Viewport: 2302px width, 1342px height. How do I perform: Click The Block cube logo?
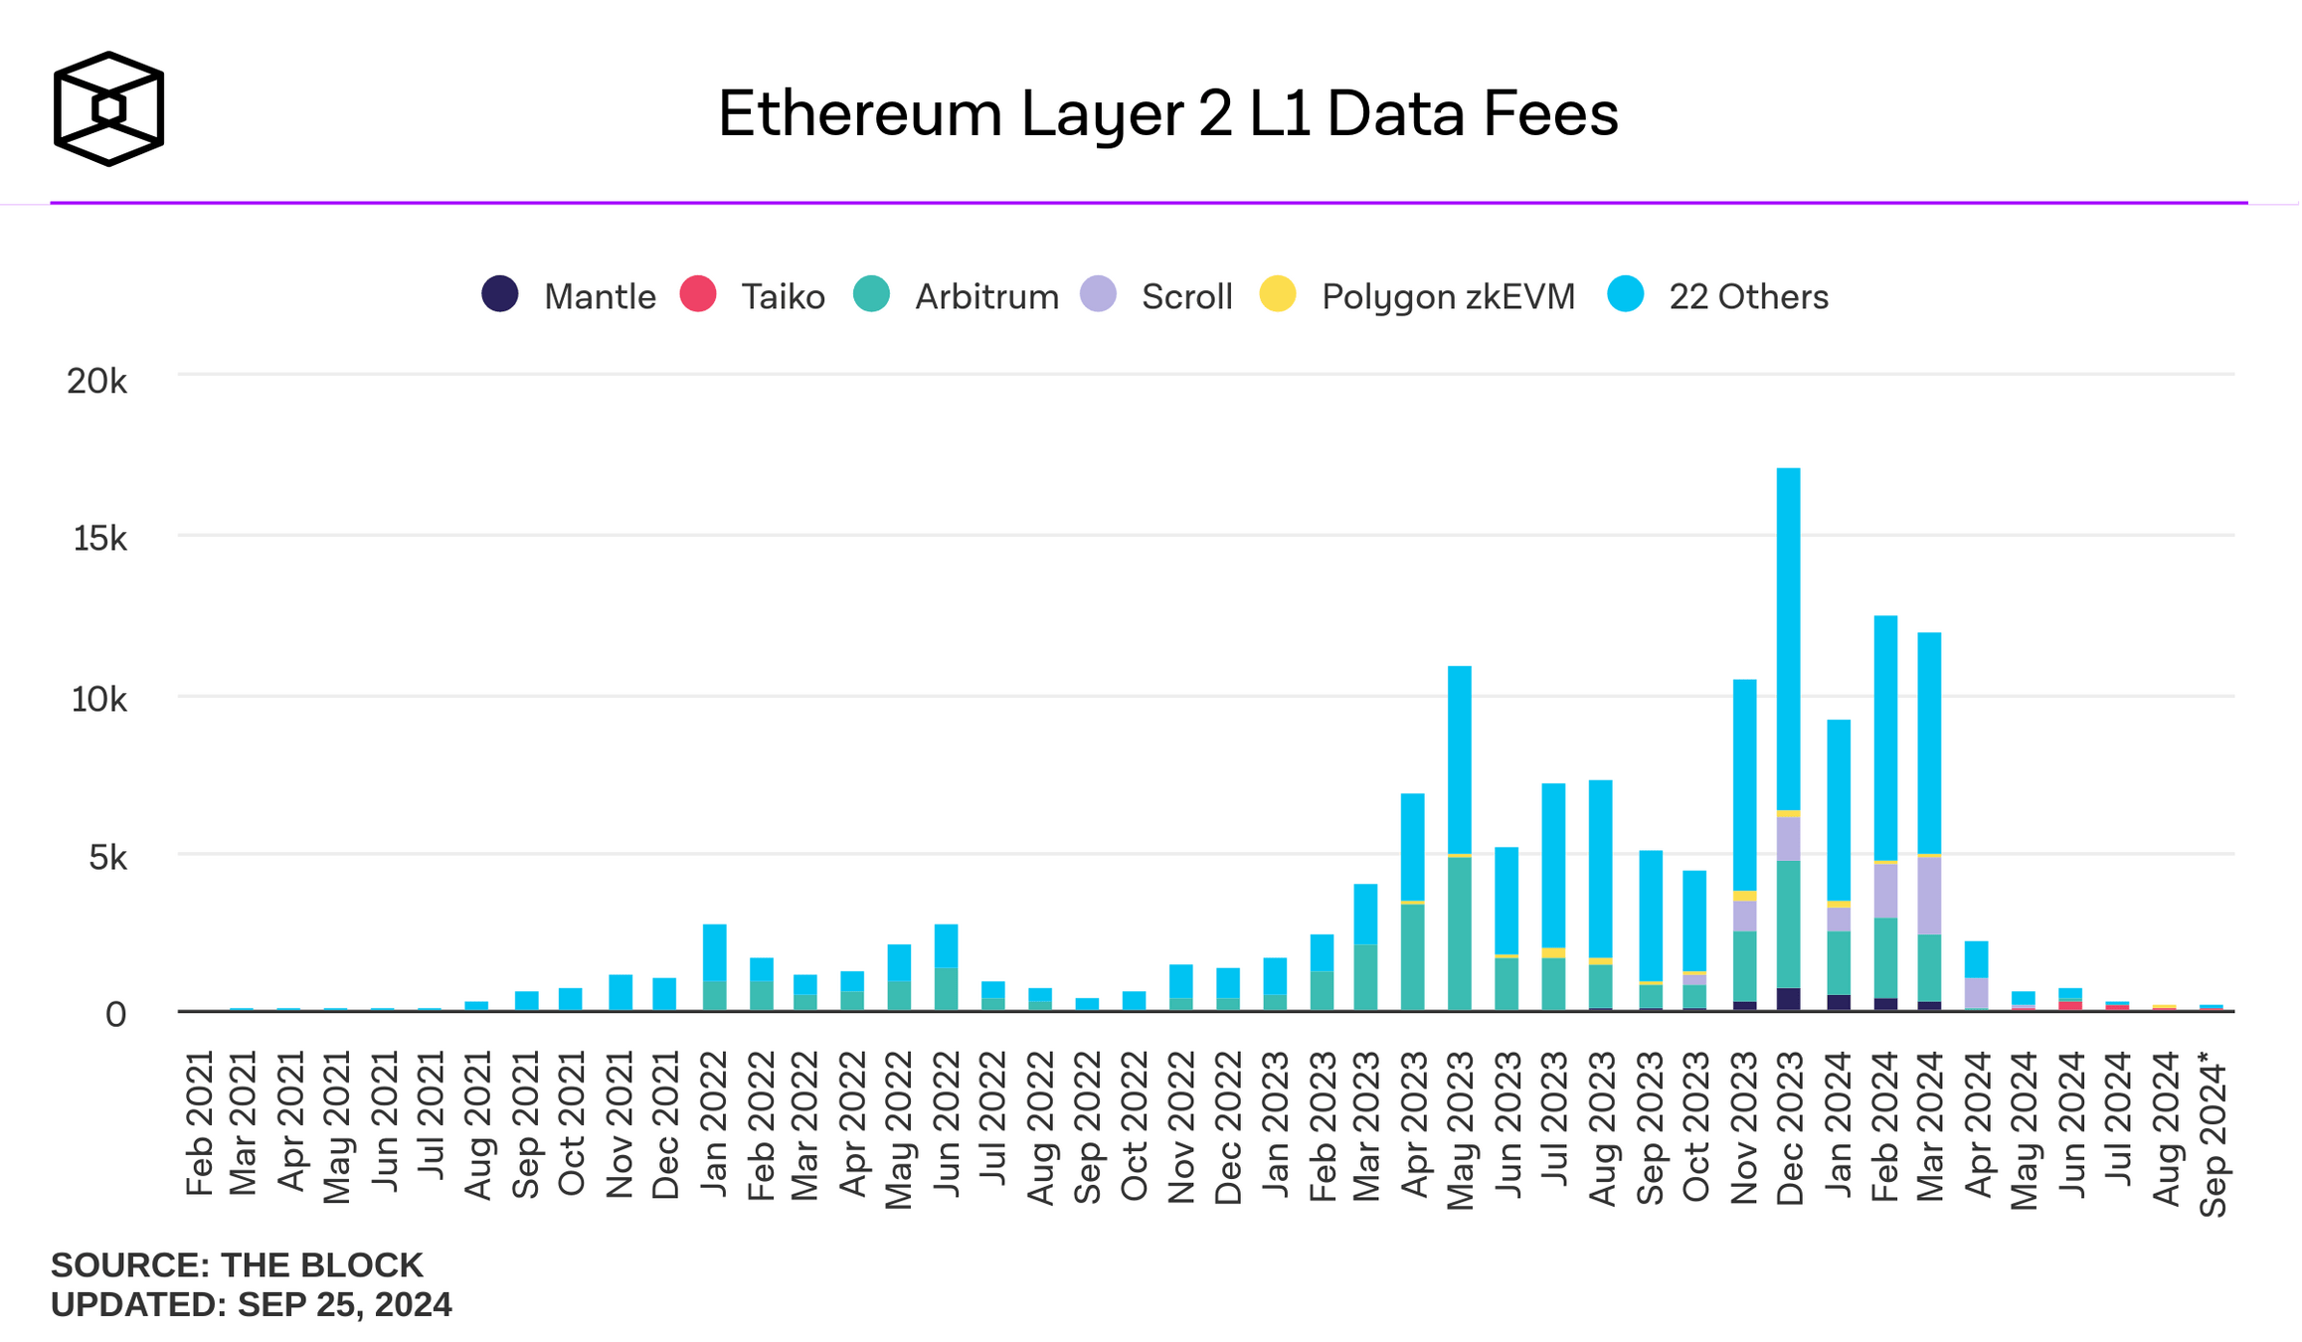tap(108, 108)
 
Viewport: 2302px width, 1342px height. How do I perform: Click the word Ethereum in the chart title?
tap(860, 113)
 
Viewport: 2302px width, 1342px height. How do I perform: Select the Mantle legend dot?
tap(500, 294)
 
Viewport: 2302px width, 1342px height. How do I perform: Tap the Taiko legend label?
tap(783, 297)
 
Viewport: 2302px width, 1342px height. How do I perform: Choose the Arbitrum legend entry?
tap(986, 297)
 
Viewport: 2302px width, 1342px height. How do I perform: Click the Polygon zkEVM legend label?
tap(1448, 297)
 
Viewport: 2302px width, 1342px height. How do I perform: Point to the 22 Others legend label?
tap(1748, 297)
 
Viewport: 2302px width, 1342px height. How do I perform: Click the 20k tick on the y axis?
tap(96, 381)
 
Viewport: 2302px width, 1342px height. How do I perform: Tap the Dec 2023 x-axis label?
tap(1790, 1127)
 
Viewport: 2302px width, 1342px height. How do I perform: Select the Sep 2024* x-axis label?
tap(2213, 1133)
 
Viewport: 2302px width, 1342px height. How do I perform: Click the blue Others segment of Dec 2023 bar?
tap(1788, 636)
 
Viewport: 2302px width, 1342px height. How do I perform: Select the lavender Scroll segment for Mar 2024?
tap(1929, 895)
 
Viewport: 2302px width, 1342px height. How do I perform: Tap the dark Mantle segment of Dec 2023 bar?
tap(1788, 999)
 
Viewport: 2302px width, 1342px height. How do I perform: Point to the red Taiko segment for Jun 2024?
tap(2070, 1005)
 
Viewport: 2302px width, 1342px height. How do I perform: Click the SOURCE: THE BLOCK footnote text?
tap(237, 1265)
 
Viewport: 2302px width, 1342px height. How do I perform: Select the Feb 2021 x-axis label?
tap(200, 1122)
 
